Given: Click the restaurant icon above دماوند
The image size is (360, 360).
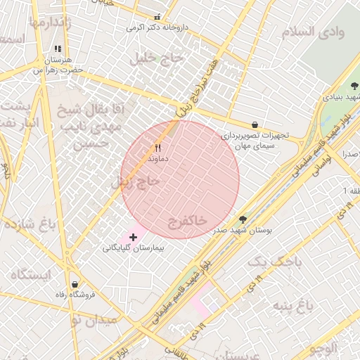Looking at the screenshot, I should pyautogui.click(x=158, y=148).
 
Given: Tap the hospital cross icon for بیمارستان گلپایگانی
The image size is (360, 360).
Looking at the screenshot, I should pyautogui.click(x=134, y=238).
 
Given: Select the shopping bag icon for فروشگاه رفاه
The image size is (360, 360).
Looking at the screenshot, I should pyautogui.click(x=75, y=284).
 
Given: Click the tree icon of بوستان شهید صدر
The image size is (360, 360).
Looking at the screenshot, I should pyautogui.click(x=243, y=219).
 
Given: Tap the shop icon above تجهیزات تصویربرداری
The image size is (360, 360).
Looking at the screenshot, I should pyautogui.click(x=254, y=124).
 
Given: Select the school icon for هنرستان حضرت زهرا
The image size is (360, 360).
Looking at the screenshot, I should pyautogui.click(x=58, y=49).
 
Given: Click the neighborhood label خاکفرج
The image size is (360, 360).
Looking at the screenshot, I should pyautogui.click(x=188, y=221).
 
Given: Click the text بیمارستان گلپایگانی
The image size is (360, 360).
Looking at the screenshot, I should pyautogui.click(x=133, y=248).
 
